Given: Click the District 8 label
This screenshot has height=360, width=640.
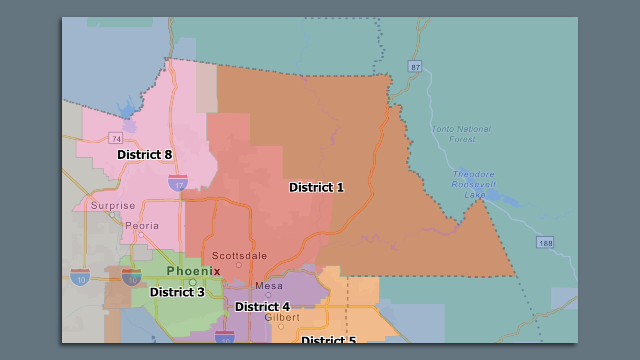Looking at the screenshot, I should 145,155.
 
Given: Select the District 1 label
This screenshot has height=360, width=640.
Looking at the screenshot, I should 316,187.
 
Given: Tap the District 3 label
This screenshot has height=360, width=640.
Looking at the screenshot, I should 177,292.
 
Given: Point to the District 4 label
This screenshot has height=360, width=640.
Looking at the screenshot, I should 262,307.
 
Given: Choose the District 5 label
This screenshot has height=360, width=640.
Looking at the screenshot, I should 328,339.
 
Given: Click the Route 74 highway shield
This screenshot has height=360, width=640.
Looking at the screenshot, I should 116,138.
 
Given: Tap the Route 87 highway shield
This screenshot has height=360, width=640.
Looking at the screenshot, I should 415,67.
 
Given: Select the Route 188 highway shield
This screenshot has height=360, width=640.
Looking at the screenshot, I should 545,243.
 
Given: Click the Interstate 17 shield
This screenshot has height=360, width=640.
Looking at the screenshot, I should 178,183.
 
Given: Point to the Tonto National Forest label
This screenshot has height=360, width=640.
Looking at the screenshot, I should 461,134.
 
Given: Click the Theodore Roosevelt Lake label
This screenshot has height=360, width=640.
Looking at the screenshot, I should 474,184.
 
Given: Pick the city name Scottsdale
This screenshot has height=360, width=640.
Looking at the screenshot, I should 239,256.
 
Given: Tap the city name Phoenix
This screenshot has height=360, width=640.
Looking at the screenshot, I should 193,271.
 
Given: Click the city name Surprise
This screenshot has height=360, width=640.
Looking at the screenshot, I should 113,205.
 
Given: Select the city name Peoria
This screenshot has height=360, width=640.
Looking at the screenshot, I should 142,226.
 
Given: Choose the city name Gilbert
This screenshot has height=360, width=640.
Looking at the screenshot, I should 282,317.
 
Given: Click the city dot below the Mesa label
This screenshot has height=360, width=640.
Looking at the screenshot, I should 268,295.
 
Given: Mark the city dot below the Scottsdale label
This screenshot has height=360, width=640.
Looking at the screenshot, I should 239,265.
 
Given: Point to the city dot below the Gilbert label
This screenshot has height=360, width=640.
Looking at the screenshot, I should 281,327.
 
